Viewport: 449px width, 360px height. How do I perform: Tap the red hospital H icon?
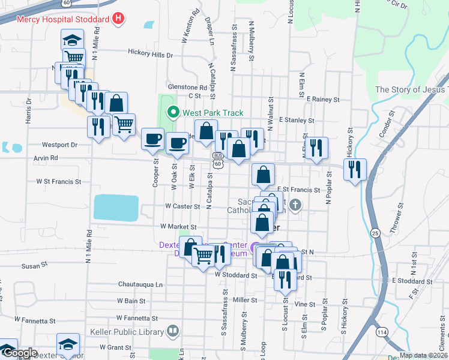tap(118, 19)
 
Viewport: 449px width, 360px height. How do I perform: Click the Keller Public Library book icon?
tap(173, 331)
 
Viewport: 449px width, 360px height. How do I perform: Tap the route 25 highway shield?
tap(375, 232)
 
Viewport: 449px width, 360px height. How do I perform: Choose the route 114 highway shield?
tap(382, 331)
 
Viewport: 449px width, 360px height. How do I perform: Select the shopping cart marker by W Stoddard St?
tap(203, 256)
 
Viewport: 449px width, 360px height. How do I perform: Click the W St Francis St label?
tap(58, 181)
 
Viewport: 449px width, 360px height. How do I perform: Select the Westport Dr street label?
tap(60, 145)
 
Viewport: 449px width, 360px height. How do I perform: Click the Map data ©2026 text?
tap(423, 355)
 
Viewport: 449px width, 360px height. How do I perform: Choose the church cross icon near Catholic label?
tap(294, 206)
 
